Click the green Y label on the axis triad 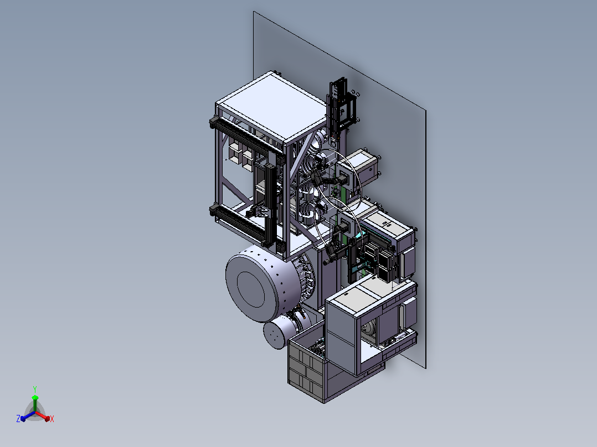point(35,389)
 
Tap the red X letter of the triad point(52,419)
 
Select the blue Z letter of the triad point(18,418)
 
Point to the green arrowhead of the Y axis point(35,398)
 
